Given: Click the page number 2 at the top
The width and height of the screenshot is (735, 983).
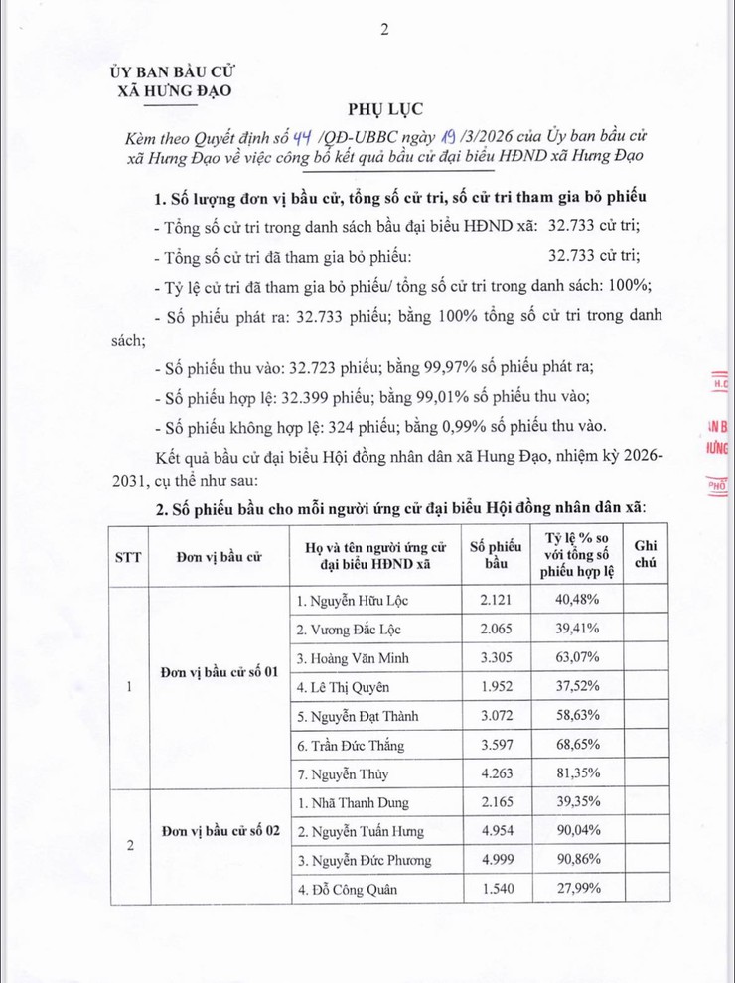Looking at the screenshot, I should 383,30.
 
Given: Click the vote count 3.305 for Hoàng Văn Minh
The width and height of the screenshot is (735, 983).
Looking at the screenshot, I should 495,658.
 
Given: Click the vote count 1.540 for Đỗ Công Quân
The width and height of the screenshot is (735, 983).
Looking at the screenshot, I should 495,889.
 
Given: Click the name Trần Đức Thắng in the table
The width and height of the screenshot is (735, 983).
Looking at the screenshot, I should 355,745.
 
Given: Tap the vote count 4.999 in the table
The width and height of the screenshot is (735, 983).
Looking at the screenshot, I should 495,860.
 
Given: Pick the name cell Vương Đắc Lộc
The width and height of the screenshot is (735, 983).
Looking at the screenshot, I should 349,630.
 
